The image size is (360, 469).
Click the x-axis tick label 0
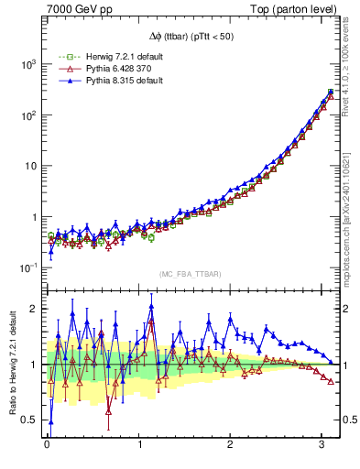(47, 447)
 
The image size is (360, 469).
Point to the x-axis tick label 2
(229, 447)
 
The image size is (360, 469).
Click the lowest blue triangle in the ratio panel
(50, 422)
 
